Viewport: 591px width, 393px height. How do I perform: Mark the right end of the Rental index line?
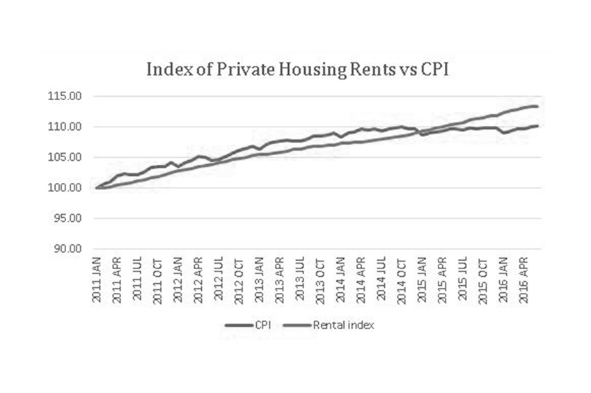pos(537,106)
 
